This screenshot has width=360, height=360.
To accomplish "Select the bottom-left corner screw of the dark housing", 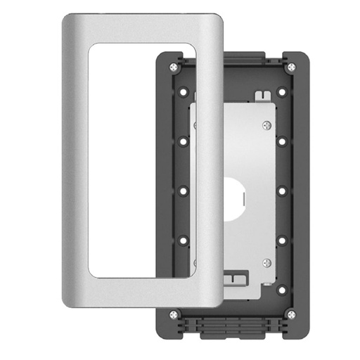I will tap(174, 314).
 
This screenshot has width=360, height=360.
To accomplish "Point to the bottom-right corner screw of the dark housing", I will tap(291, 314).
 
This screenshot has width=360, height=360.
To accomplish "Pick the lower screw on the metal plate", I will tap(266, 263).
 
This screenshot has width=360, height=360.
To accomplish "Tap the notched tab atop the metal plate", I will tap(262, 94).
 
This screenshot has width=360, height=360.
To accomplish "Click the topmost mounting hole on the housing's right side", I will tap(282, 91).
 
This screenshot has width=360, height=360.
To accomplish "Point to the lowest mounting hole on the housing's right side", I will tap(282, 289).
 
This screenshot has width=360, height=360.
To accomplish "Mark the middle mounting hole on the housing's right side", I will tap(282, 191).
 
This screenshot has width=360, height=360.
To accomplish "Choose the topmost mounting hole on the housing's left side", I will tap(183, 91).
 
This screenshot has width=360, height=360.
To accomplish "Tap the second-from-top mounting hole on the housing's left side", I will tap(183, 141).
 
